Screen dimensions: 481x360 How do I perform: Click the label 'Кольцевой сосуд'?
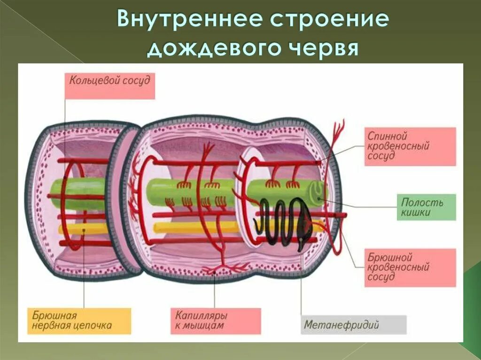109,85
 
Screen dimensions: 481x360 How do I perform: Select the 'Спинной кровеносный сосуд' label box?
410,146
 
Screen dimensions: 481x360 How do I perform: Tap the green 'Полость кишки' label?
426,207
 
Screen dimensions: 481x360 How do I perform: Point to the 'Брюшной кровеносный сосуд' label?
410,268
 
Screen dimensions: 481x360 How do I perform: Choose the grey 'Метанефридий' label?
353,324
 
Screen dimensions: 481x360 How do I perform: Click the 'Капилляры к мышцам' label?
215,321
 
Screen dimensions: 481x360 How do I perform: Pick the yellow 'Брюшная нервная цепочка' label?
78,321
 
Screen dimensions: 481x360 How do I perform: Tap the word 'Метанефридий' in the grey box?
341,324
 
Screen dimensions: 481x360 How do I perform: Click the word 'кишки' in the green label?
417,213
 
